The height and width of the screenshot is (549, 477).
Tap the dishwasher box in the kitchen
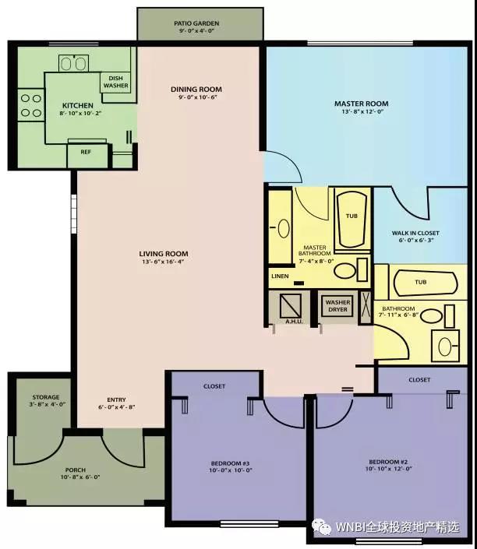point(115,83)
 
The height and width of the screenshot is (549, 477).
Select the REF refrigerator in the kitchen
point(87,154)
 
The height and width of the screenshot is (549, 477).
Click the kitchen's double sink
point(73,63)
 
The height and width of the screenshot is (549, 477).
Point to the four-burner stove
point(31,105)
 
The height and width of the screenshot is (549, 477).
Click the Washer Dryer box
point(337,306)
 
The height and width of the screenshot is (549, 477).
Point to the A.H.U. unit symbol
point(291,306)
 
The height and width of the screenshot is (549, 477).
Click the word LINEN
point(280,276)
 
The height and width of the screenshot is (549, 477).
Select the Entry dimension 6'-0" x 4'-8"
point(117,407)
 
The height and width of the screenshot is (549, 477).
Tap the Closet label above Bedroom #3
point(214,386)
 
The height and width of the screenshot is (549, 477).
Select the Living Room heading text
point(164,254)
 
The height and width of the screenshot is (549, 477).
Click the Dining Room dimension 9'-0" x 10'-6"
point(198,97)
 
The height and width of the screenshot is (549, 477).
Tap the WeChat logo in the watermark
point(322,527)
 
